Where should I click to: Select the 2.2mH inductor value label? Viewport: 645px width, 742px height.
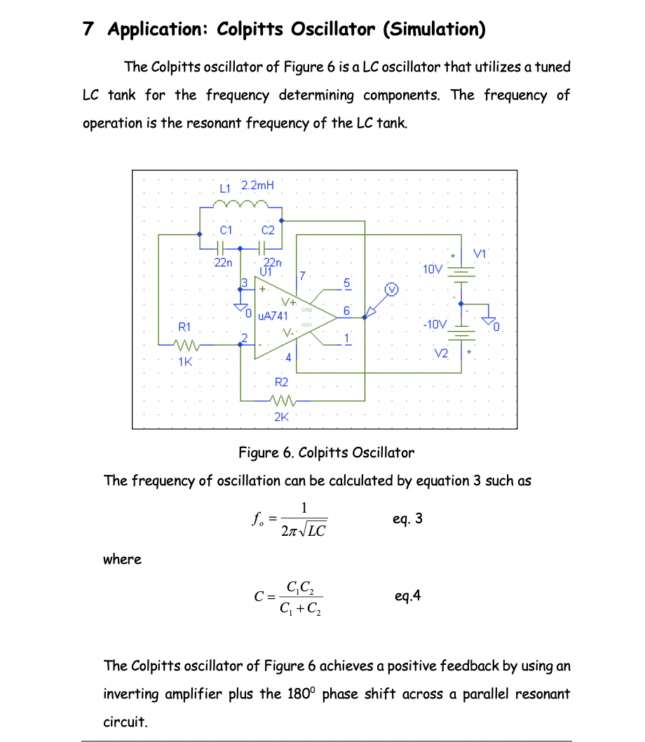(x=257, y=186)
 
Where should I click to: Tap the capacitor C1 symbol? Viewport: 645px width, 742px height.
(x=219, y=248)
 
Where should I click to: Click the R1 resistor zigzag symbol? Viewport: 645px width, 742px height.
(x=188, y=344)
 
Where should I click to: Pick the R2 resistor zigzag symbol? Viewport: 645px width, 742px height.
(x=281, y=401)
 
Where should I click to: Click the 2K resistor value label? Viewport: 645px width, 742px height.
(x=281, y=417)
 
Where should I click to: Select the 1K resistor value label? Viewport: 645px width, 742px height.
(x=185, y=362)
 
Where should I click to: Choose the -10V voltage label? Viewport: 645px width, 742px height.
(x=434, y=324)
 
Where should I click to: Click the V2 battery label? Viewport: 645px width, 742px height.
(x=440, y=354)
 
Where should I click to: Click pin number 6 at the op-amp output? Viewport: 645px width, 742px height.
(x=346, y=309)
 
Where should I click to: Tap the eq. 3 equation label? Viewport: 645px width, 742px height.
(x=408, y=519)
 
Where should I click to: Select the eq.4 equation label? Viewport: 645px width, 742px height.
(x=408, y=596)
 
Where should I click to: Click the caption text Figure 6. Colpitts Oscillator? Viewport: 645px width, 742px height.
(x=326, y=452)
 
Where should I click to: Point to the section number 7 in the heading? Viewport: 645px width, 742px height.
(x=88, y=29)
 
